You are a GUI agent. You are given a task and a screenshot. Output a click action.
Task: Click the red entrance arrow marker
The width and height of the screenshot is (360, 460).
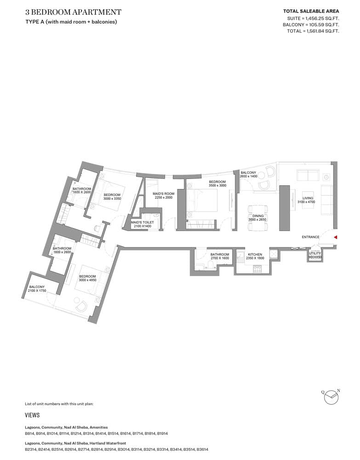click(x=336, y=237)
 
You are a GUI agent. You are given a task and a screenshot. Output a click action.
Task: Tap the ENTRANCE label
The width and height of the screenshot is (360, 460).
click(x=310, y=237)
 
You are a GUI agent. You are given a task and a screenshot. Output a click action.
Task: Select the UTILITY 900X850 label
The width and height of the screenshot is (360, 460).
click(x=315, y=255)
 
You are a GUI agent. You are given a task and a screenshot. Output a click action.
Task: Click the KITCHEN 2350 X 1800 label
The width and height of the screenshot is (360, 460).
click(x=255, y=256)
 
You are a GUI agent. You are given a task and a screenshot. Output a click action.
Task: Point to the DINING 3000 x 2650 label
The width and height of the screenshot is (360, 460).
click(x=257, y=218)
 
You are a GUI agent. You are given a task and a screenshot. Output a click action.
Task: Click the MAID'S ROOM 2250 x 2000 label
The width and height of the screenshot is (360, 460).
click(x=163, y=195)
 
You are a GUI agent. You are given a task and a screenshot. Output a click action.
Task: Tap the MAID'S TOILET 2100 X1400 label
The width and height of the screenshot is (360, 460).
click(x=142, y=224)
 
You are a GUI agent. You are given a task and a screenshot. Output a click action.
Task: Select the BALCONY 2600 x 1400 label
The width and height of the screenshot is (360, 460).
click(x=248, y=174)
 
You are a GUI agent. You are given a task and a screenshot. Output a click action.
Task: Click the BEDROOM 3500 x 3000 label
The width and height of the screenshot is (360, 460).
click(x=217, y=184)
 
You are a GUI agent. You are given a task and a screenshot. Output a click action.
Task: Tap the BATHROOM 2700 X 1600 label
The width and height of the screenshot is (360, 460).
click(x=220, y=256)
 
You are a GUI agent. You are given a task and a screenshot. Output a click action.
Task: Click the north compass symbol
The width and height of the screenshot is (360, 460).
click(x=331, y=397)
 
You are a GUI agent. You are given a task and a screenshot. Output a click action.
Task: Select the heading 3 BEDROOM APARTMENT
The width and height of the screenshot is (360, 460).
click(x=74, y=12)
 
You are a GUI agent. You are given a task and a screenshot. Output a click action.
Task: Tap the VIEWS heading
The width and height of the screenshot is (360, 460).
click(x=32, y=415)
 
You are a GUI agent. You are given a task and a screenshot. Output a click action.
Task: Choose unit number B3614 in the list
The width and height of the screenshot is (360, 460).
click(x=202, y=449)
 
